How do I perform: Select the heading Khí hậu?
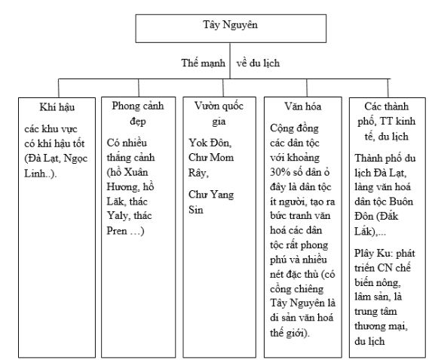pos(57,106)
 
